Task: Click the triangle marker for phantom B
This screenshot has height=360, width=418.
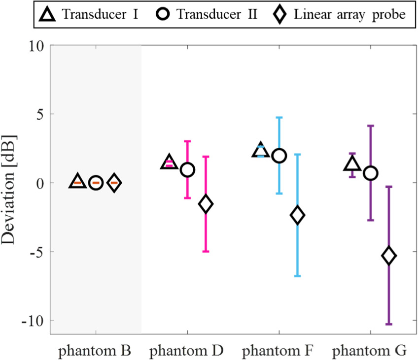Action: (77, 182)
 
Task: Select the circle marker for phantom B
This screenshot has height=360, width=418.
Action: (96, 183)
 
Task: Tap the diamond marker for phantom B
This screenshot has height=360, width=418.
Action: (114, 183)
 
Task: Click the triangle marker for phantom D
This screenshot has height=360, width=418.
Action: (169, 162)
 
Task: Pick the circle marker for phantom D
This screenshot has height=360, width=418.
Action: (187, 169)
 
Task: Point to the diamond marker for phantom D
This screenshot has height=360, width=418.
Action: (206, 204)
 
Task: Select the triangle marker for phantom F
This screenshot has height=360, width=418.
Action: (260, 151)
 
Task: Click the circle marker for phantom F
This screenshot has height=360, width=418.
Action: (279, 156)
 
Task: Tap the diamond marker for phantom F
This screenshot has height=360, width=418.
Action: (297, 215)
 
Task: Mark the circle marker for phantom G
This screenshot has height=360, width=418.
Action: (371, 173)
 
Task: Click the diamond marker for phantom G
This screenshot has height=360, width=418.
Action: (389, 256)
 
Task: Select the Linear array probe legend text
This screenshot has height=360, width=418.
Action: (349, 14)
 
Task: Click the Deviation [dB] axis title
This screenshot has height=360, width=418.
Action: (9, 189)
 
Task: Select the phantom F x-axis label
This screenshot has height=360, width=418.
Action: (279, 350)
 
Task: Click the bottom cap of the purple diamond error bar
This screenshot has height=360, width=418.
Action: (389, 324)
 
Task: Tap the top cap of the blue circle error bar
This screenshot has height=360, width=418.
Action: (279, 117)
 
